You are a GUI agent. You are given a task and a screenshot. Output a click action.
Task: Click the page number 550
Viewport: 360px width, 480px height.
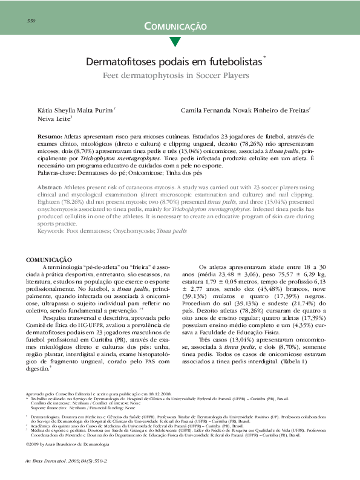pos(33,21)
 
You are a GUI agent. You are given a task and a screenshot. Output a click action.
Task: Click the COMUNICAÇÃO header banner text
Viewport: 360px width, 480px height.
pos(175,27)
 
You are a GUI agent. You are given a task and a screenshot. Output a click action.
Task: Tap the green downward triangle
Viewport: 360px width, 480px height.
pos(175,42)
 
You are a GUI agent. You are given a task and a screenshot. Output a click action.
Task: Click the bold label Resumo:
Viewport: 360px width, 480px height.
pos(50,138)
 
